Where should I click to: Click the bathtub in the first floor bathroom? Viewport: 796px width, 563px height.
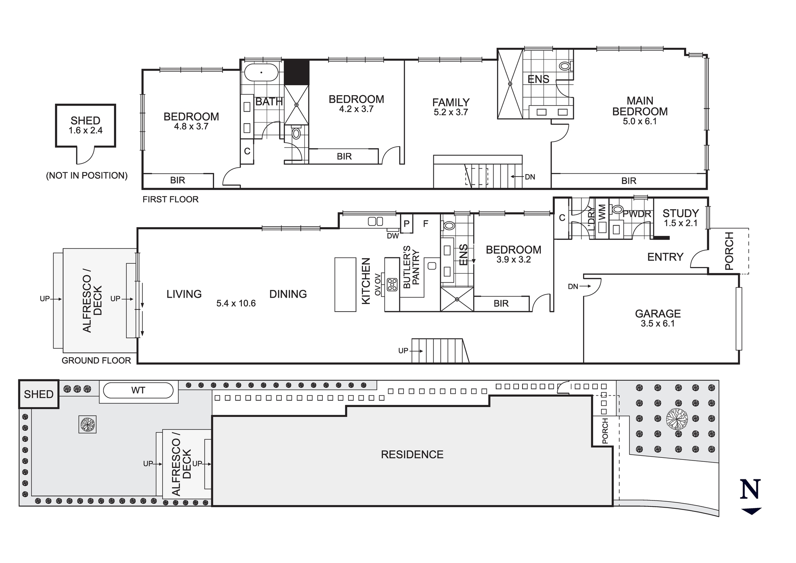pos(261,73)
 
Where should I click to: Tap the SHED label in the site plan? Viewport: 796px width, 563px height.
pos(39,394)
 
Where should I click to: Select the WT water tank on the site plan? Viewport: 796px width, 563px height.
pos(138,390)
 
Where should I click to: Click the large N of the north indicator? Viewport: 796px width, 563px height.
pos(750,490)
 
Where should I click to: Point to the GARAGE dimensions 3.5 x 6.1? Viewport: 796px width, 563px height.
pos(657,324)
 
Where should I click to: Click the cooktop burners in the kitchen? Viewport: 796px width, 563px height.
pos(392,284)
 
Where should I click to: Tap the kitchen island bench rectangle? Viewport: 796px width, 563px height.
pos(345,284)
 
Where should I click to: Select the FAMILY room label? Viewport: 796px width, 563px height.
pos(451,102)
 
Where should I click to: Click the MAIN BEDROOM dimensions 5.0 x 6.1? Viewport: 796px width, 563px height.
pos(640,122)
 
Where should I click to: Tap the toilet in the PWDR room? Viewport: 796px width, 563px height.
pos(617,209)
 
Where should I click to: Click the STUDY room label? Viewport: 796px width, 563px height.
pos(681,213)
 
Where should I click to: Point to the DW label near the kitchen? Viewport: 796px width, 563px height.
pos(392,236)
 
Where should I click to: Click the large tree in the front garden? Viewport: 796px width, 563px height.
pos(677,419)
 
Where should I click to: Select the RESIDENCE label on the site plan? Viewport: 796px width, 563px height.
pos(412,455)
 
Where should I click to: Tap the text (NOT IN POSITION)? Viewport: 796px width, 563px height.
pos(87,176)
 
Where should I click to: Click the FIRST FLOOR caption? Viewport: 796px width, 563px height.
pos(170,199)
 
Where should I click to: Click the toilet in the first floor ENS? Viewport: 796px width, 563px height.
pos(565,66)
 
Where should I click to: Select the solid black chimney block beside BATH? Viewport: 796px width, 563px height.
pos(296,72)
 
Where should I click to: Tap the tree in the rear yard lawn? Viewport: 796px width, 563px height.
pos(88,424)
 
